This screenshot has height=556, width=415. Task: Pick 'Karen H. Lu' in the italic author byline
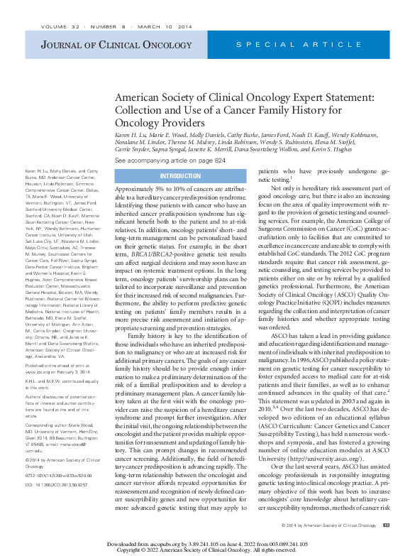132,134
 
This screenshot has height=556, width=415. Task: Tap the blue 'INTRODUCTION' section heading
180,175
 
